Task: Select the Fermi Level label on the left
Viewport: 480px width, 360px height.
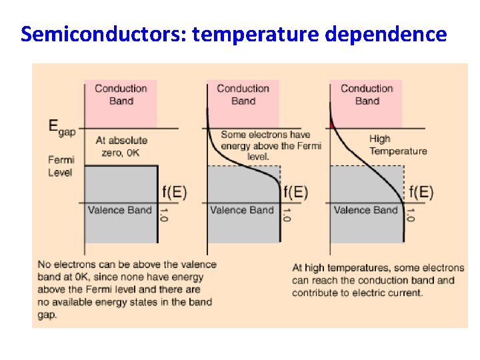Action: pos(61,166)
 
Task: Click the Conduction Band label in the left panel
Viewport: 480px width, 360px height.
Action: pos(121,95)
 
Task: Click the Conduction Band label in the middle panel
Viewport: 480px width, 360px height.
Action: pos(243,95)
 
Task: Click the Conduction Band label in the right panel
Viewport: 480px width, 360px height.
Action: pos(367,95)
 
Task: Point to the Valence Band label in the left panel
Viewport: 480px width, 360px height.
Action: pos(120,210)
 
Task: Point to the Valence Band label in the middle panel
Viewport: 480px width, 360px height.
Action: pos(242,210)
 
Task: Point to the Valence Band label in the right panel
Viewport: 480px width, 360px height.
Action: pos(365,210)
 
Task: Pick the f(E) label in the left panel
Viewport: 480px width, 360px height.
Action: pos(175,193)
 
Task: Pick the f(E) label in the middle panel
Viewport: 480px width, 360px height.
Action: pos(296,193)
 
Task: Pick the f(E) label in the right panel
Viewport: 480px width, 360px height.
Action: pos(421,193)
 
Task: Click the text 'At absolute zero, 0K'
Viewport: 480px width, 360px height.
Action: pos(121,147)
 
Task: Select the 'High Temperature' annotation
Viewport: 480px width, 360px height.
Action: pos(398,145)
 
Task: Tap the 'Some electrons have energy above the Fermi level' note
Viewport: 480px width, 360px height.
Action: pos(271,145)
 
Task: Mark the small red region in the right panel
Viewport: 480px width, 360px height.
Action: pos(333,125)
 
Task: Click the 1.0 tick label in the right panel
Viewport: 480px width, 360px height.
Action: pos(411,216)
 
